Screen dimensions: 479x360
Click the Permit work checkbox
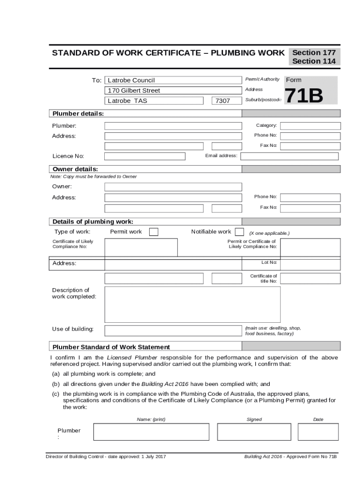click(x=153, y=232)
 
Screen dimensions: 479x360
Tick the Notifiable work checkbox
click(x=239, y=232)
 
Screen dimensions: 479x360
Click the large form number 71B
click(x=304, y=96)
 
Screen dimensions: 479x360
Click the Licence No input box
click(x=144, y=156)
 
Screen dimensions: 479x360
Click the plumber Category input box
click(x=310, y=126)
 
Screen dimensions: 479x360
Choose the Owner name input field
click(x=173, y=187)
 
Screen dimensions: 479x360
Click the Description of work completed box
click(x=192, y=305)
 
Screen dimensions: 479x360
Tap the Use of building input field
click(x=173, y=331)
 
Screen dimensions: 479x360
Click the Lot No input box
click(x=310, y=263)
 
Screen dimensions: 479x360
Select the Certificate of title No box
click(x=310, y=279)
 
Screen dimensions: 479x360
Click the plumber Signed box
click(x=254, y=432)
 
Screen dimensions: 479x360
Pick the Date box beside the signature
click(x=318, y=432)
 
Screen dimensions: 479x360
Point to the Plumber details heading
click(x=78, y=114)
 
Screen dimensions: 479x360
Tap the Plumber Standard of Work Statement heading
click(x=111, y=347)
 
